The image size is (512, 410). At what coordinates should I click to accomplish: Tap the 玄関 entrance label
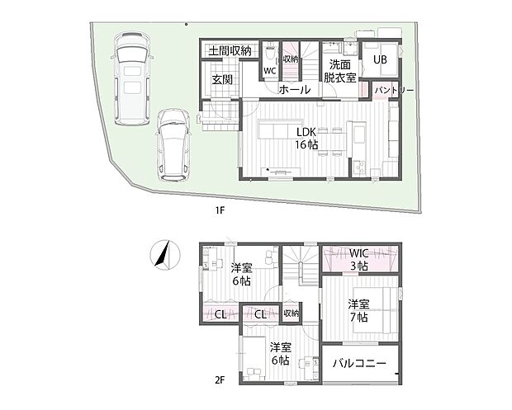tap(221, 80)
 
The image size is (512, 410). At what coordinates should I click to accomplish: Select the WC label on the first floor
tap(269, 71)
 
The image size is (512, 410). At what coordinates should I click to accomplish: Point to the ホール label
tap(295, 89)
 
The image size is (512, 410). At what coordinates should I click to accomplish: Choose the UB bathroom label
tap(380, 59)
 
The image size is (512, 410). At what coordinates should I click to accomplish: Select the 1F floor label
tap(220, 210)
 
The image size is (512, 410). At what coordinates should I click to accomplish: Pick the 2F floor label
tap(220, 379)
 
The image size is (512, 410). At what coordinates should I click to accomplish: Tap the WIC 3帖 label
tap(361, 258)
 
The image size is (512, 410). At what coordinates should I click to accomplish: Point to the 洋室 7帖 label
tap(358, 309)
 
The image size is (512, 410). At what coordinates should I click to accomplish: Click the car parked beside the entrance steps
tap(174, 144)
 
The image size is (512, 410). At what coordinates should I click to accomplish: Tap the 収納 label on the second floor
tap(290, 313)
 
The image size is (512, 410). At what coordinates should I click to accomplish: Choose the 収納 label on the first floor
tap(290, 59)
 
